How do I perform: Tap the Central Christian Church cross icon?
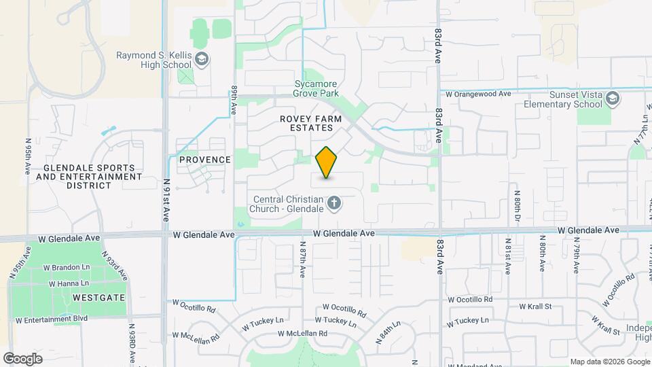[334, 203]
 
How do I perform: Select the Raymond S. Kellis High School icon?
[201, 60]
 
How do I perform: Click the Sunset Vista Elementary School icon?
[613, 99]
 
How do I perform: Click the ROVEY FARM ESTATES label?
[306, 122]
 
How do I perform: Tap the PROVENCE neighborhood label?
[205, 160]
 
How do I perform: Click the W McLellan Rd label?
[302, 333]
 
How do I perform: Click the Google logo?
[22, 359]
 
